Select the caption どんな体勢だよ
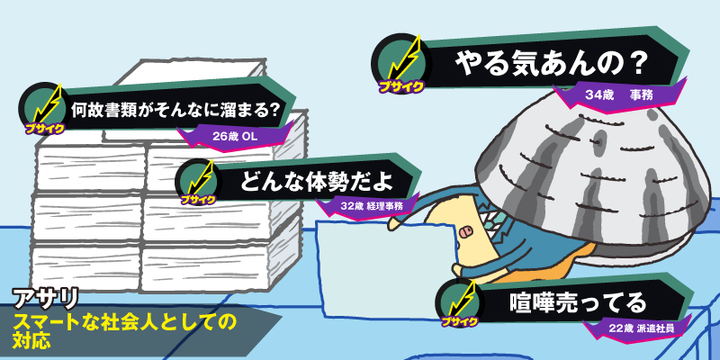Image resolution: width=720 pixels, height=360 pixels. tap(315, 180)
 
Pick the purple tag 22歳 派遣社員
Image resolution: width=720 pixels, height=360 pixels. tap(642, 328)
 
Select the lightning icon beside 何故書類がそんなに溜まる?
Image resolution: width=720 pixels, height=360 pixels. tap(45, 106)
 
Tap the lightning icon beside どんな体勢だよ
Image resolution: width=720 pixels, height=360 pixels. tap(200, 179)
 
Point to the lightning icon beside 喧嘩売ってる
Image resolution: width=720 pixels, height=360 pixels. tap(461, 298)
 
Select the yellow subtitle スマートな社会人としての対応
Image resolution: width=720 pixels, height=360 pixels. tap(117, 328)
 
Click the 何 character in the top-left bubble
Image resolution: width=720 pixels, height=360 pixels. tap(81, 111)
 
